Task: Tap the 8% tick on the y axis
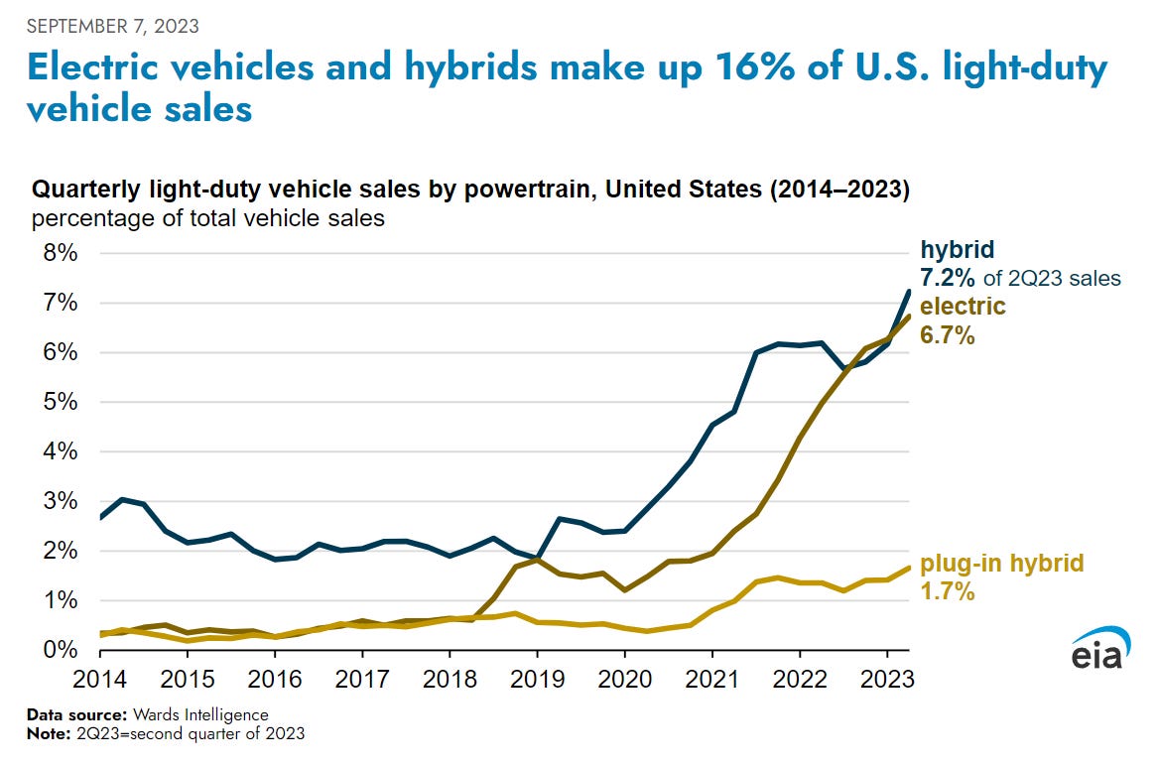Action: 58,253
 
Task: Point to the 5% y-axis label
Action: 58,402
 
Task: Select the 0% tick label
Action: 58,650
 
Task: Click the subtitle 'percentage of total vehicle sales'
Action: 207,217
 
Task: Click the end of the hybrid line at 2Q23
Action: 909,291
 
